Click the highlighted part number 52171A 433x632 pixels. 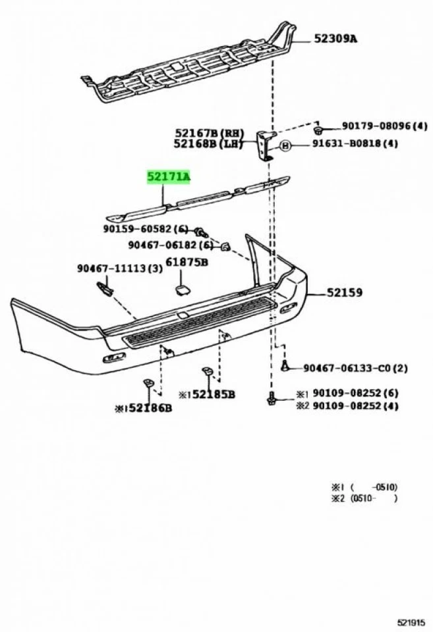click(168, 176)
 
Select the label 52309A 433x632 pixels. click(335, 39)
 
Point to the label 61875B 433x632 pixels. click(187, 262)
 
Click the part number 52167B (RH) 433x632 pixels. click(209, 132)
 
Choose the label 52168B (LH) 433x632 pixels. click(209, 144)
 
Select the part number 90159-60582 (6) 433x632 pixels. click(146, 229)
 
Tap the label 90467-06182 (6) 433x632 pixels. click(171, 245)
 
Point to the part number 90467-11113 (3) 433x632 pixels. click(119, 268)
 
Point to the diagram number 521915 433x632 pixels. click(411, 621)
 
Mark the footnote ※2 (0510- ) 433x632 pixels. click(364, 499)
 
